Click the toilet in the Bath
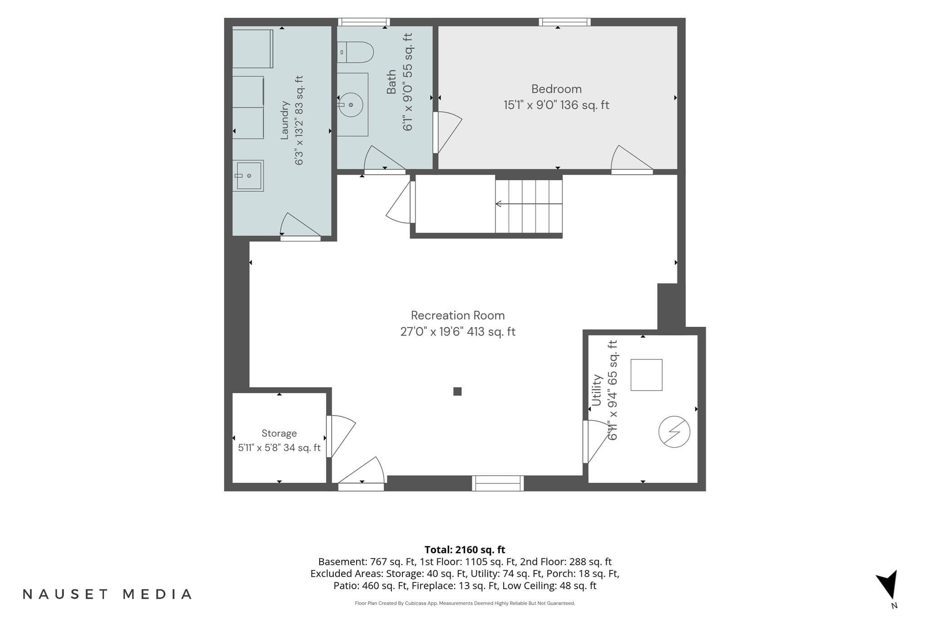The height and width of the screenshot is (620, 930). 355,52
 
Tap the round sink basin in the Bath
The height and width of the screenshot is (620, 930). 351,105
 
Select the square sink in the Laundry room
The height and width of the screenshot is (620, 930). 248,176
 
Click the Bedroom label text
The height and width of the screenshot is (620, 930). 556,89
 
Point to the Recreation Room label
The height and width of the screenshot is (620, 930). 458,315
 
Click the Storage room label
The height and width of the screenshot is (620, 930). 279,433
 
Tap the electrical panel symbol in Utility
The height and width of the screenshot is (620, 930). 674,432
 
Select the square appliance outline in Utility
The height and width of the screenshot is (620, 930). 647,375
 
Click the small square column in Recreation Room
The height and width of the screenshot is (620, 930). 457,391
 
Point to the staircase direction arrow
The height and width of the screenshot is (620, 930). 529,204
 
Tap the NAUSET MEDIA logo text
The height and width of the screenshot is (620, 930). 107,594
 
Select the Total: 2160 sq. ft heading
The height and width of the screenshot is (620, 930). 465,550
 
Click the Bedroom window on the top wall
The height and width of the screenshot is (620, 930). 565,22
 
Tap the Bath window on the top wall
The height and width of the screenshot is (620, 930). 364,22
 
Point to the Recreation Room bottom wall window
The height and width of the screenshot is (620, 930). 498,483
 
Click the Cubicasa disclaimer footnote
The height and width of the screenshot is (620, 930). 465,603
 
